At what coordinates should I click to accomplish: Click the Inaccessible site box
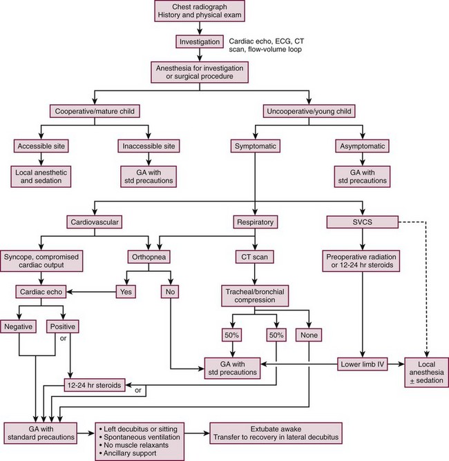149,146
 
